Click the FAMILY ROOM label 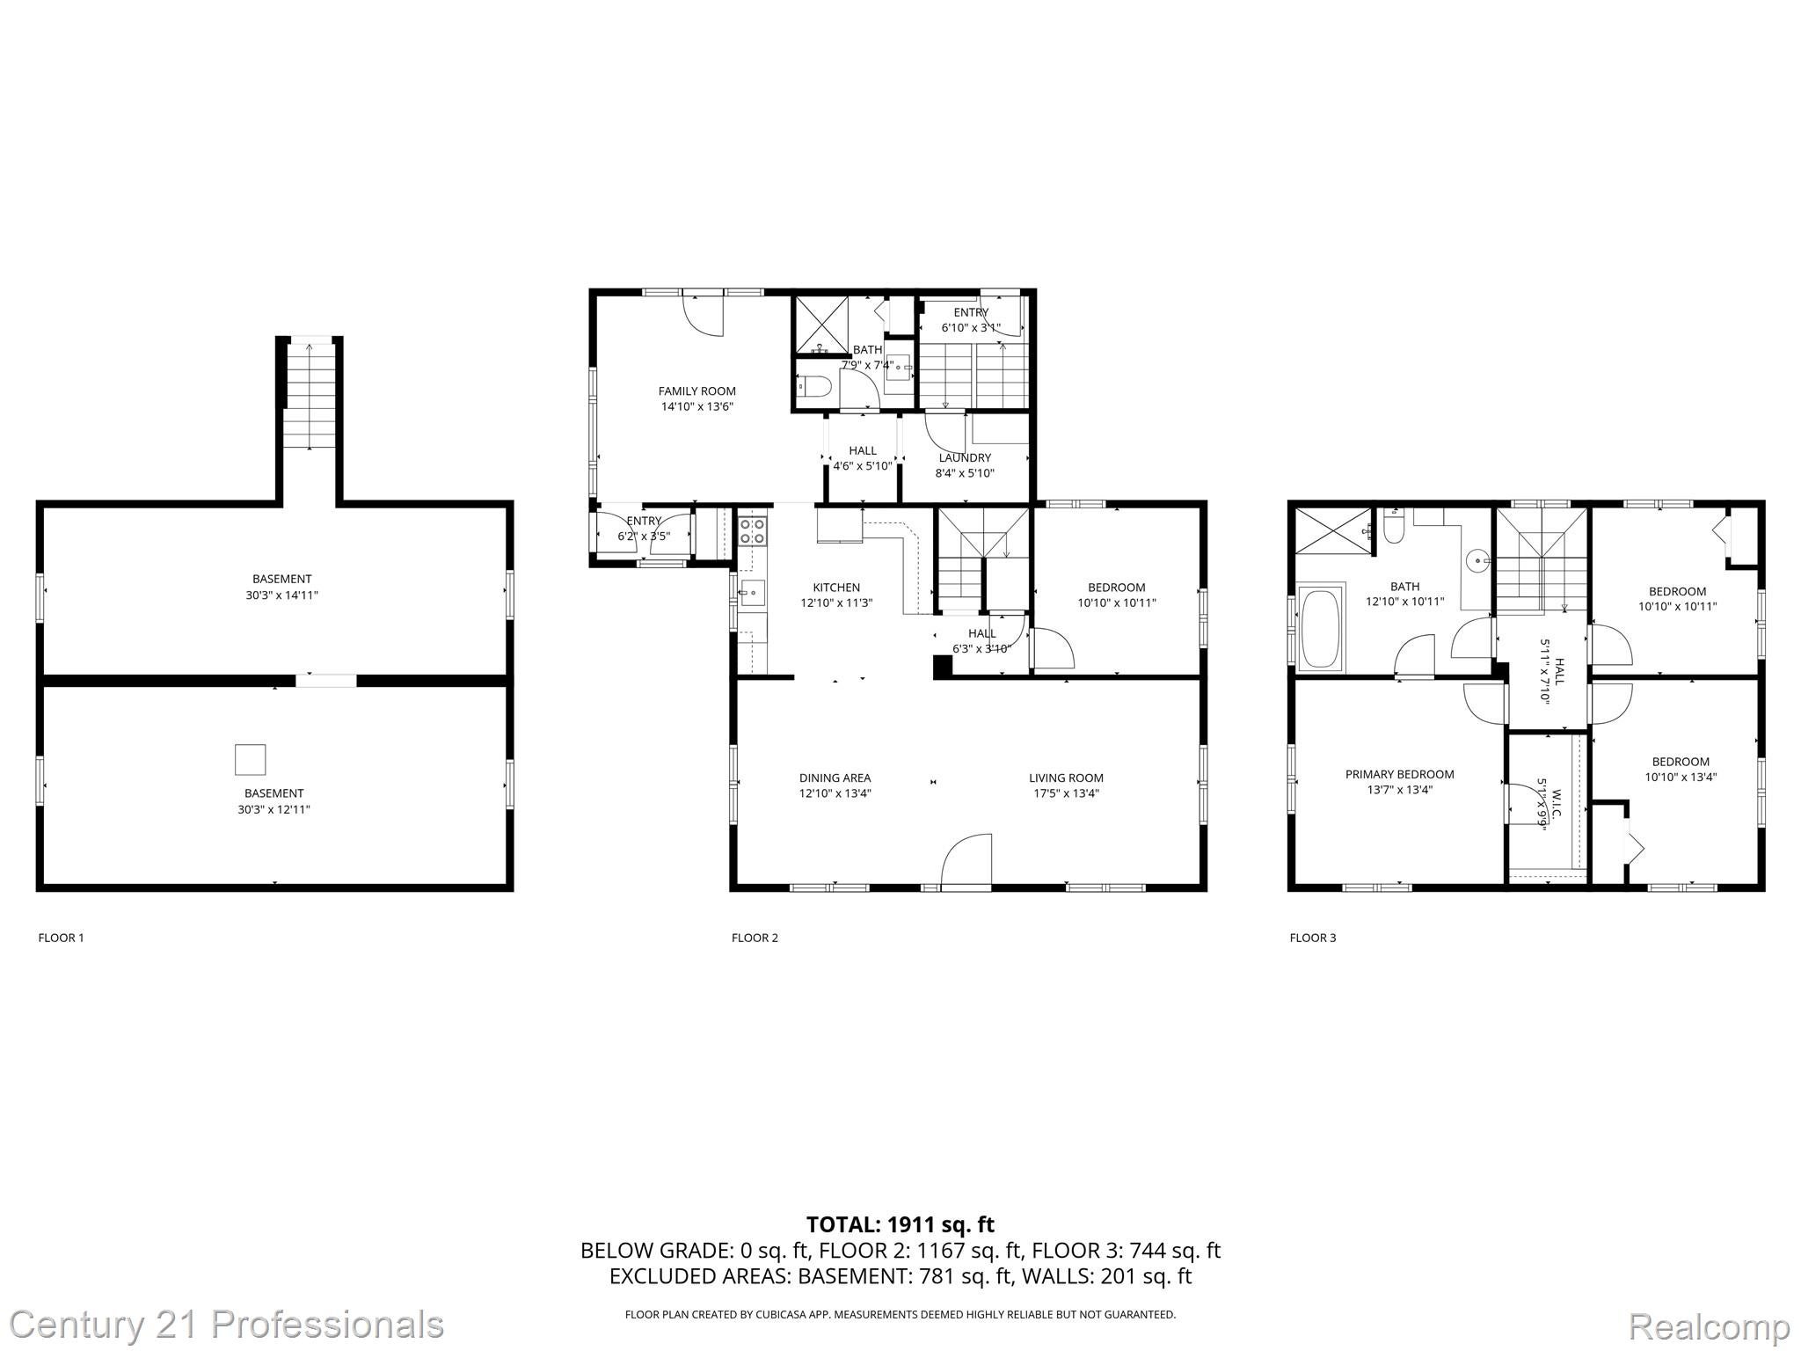[x=696, y=391]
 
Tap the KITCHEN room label [x=835, y=588]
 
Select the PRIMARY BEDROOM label [x=1399, y=774]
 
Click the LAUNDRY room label [x=964, y=457]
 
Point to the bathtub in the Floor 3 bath [x=1320, y=628]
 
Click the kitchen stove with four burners [x=752, y=530]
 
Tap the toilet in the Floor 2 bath [x=813, y=386]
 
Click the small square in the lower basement [x=250, y=759]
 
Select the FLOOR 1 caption [x=61, y=938]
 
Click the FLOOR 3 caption [x=1312, y=938]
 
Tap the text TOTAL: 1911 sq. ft [x=900, y=1224]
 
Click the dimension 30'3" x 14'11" [x=281, y=595]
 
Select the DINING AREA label [x=835, y=778]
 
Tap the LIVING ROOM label [x=1066, y=778]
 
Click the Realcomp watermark [x=1709, y=1325]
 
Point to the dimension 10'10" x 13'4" [x=1680, y=777]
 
